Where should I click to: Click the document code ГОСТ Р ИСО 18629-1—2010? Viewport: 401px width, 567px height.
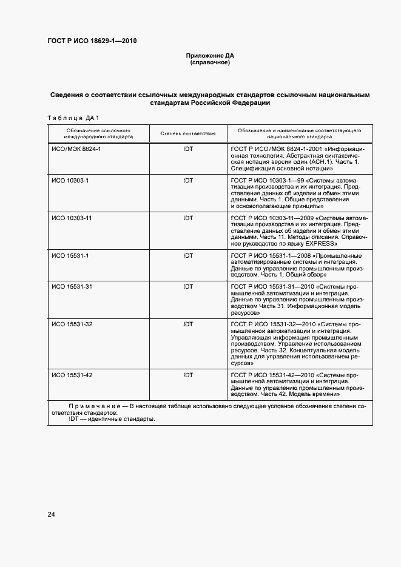92,41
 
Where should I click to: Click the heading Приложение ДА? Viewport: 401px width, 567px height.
209,56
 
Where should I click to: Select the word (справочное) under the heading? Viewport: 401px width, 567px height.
209,62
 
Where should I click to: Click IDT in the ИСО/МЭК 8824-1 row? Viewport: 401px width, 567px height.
188,149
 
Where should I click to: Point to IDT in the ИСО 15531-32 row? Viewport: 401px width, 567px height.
188,324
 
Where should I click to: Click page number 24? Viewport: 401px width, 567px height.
52,515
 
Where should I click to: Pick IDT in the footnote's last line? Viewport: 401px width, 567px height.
74,420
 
